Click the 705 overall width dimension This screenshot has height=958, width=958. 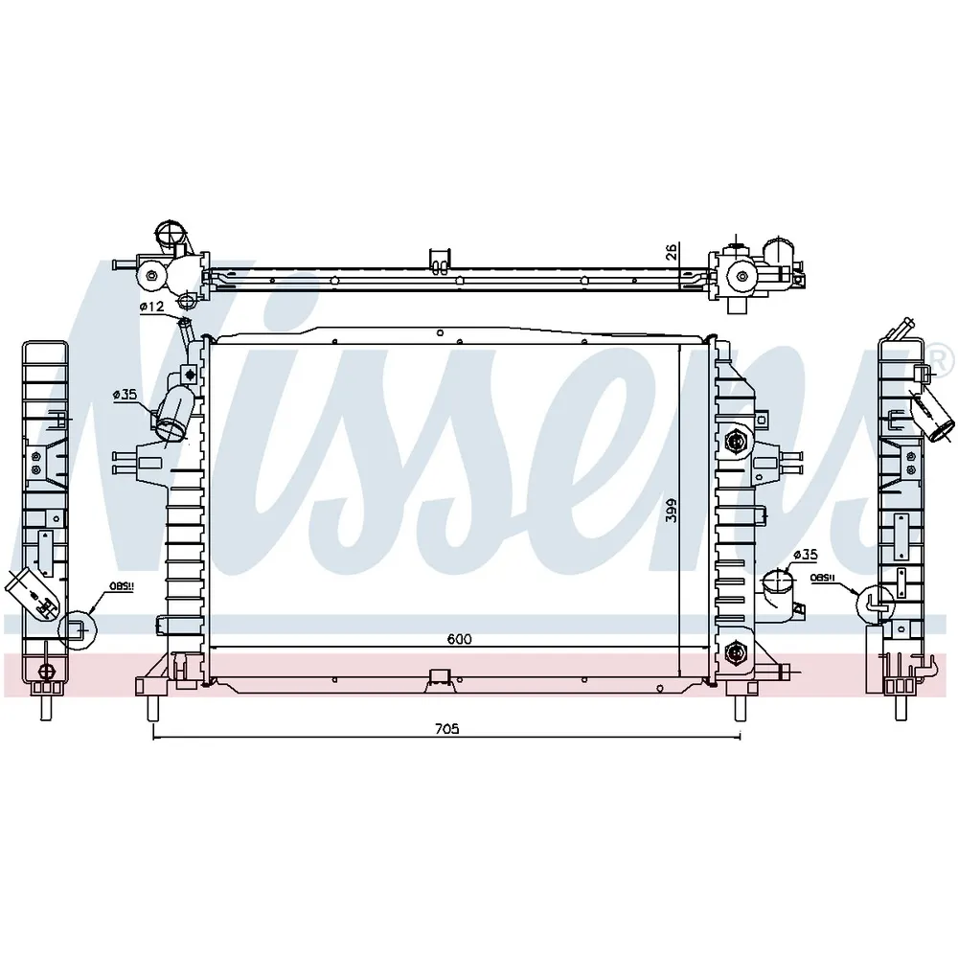click(446, 728)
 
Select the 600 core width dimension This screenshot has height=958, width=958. click(459, 639)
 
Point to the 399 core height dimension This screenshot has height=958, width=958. click(672, 511)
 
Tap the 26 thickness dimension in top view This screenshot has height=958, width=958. click(672, 252)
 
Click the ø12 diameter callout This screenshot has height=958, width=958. click(151, 307)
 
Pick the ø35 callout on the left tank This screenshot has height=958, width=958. click(125, 394)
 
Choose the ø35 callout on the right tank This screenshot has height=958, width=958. click(806, 554)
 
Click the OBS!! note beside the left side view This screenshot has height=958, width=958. click(122, 586)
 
